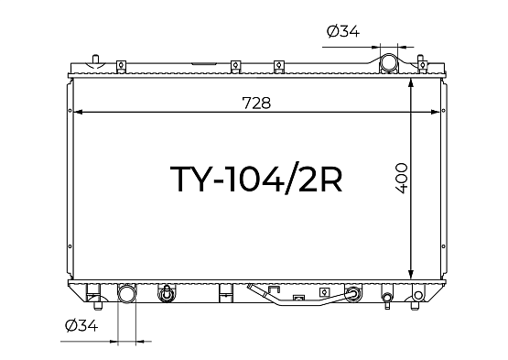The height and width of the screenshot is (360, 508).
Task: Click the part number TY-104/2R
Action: click(256, 180)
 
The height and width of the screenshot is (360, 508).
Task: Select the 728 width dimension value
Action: click(256, 103)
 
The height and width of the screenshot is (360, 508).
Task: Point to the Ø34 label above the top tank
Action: click(343, 31)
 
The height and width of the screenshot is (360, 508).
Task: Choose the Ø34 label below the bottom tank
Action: click(81, 325)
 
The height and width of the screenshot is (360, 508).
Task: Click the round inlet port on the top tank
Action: click(388, 62)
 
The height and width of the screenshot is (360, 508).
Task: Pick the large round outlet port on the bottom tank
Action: click(126, 294)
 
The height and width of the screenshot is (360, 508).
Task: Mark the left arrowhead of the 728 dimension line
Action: click(78, 112)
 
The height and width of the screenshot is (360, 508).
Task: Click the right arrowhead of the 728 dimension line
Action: click(435, 112)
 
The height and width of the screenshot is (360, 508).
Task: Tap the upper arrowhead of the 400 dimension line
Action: click(411, 83)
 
